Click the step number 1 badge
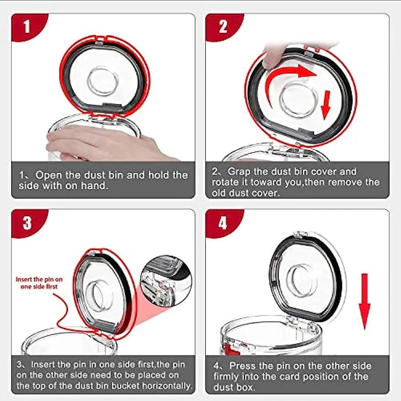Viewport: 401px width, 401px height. pyautogui.click(x=26, y=26)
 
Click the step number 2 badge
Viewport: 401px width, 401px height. pyautogui.click(x=223, y=26)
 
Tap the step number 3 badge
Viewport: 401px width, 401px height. pyautogui.click(x=27, y=223)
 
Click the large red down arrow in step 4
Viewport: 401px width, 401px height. pyautogui.click(x=364, y=301)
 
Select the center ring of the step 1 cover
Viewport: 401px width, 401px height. pyautogui.click(x=103, y=81)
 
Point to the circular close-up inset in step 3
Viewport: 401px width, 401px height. pyautogui.click(x=165, y=280)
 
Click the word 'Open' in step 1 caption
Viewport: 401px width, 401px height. pyautogui.click(x=48, y=175)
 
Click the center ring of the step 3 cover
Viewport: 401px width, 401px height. pyautogui.click(x=99, y=295)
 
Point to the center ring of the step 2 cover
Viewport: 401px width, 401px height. pyautogui.click(x=296, y=99)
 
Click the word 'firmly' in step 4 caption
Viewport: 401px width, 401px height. pyautogui.click(x=229, y=377)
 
